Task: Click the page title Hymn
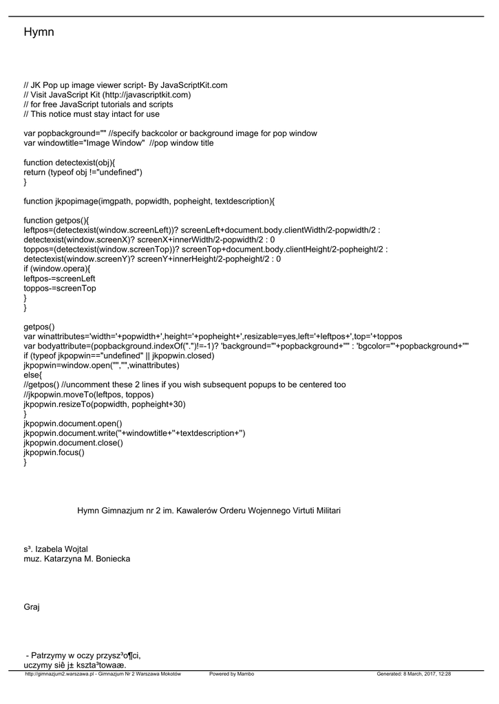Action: click(39, 32)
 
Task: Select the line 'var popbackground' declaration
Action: click(170, 133)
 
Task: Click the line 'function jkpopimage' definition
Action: click(149, 201)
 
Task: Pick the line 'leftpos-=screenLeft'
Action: click(59, 278)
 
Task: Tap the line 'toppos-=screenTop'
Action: click(59, 289)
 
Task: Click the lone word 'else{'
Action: click(33, 375)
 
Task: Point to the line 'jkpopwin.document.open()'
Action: click(73, 423)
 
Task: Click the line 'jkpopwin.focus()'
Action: click(54, 452)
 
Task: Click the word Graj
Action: click(32, 607)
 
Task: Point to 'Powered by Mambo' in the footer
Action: click(231, 674)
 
